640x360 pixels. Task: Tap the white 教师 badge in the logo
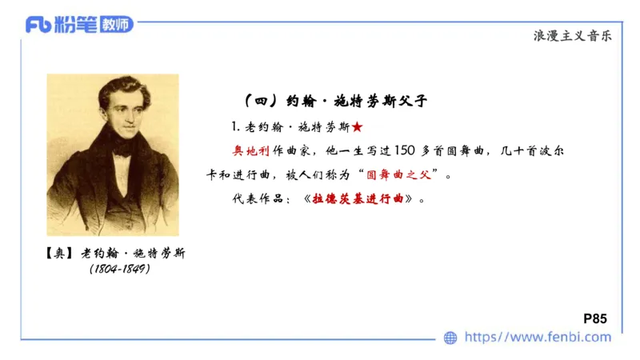coord(117,24)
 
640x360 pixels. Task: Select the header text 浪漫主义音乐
coord(575,35)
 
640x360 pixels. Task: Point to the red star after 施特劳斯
coord(357,127)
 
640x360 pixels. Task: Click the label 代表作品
coord(254,198)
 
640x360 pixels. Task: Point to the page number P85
coord(595,318)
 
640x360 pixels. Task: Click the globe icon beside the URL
coord(450,338)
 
